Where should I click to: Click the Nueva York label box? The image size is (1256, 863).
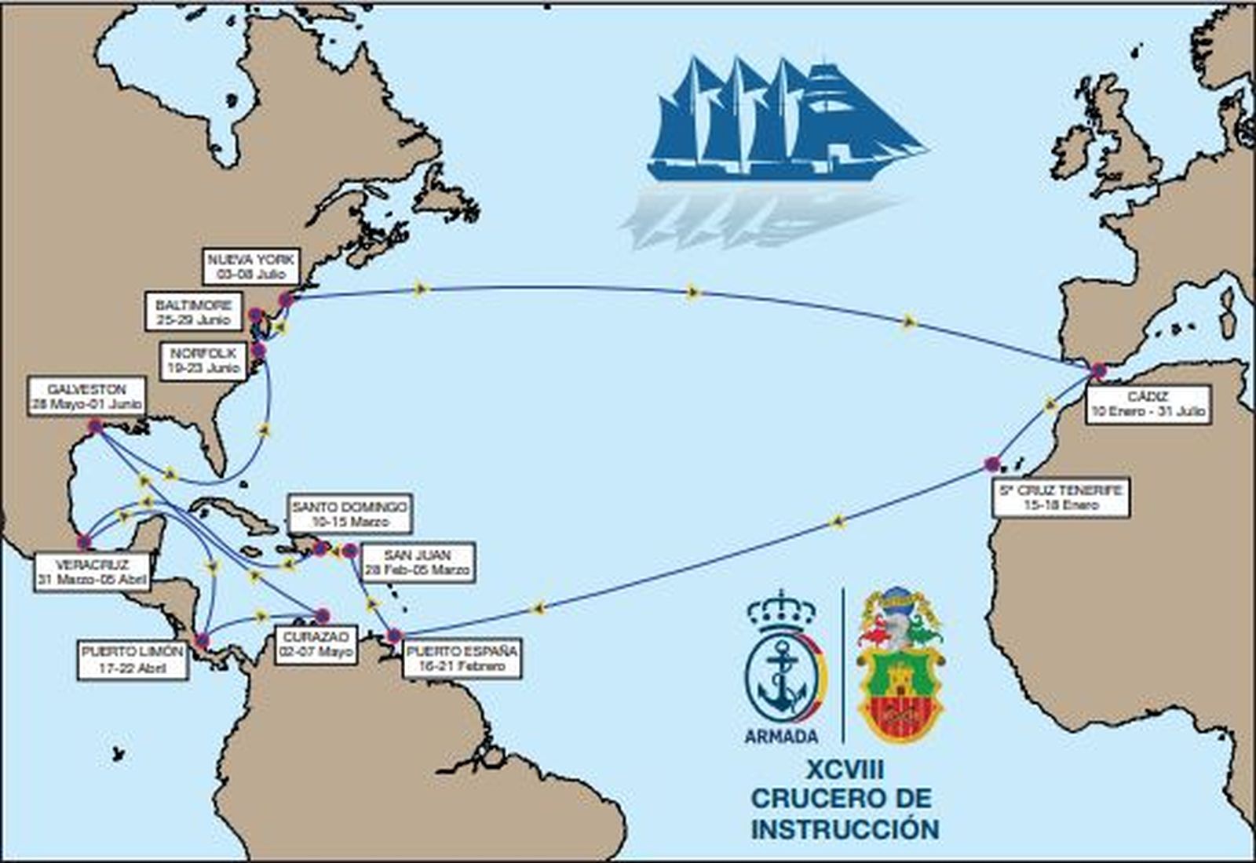click(x=250, y=267)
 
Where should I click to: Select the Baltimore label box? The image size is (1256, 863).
click(x=194, y=312)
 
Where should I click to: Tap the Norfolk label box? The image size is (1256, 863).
click(x=203, y=361)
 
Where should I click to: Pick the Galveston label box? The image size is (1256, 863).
click(x=86, y=397)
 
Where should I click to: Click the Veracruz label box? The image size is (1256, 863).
click(x=93, y=573)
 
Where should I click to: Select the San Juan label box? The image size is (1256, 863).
click(x=418, y=563)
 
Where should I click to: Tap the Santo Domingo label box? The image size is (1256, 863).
click(x=349, y=514)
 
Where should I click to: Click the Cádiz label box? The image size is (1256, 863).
click(x=1147, y=404)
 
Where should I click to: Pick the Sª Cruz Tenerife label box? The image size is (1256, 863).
click(x=1061, y=497)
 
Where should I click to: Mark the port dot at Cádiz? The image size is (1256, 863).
click(x=1099, y=370)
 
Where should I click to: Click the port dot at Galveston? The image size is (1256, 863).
click(x=96, y=427)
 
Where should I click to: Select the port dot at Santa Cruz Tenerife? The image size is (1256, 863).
click(x=991, y=464)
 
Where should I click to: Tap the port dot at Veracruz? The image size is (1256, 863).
click(x=84, y=541)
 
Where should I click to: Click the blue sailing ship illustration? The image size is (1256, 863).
click(x=785, y=122)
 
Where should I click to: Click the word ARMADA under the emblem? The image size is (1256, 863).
click(x=781, y=736)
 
